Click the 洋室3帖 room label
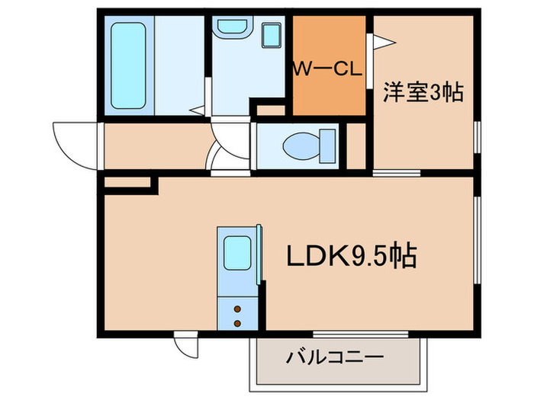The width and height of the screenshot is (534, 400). [x=423, y=93]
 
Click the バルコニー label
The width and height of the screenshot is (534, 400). [x=335, y=357]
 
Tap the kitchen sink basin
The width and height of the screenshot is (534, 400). [x=238, y=251]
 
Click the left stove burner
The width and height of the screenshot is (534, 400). [x=236, y=309]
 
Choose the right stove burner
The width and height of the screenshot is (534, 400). [x=236, y=323]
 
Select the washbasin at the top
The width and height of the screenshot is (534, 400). [x=229, y=29]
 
